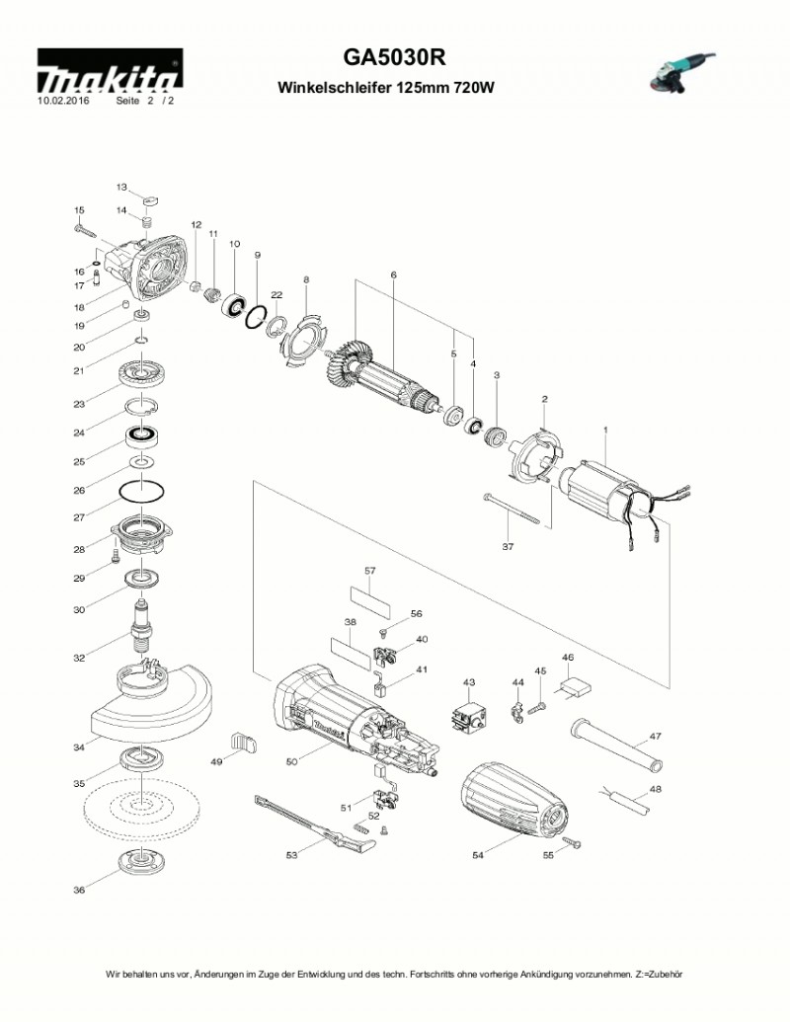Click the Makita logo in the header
coord(109,75)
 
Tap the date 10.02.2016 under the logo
coord(63,101)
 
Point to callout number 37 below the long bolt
coord(508,546)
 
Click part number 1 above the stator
coord(605,429)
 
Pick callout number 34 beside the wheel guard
coord(79,747)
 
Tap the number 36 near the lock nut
coord(79,890)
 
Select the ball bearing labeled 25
coord(142,435)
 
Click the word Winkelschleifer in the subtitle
coord(335,88)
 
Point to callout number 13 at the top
coord(122,187)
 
